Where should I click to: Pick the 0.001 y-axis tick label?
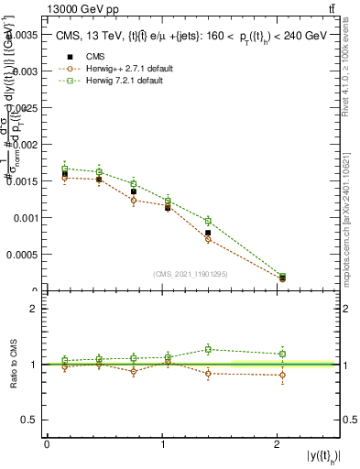(27, 218)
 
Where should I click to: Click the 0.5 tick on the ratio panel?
(33, 420)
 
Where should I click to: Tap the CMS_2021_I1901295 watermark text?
(190, 274)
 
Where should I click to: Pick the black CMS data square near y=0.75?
(134, 191)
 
